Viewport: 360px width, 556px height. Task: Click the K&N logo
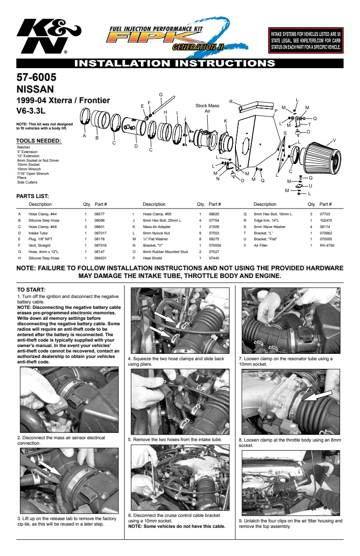(x=49, y=36)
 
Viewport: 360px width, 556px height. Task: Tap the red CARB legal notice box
(x=305, y=40)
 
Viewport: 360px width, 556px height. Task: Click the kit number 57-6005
(x=36, y=77)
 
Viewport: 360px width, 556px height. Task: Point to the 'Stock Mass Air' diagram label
(x=207, y=108)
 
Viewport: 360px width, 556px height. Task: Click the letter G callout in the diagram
(x=161, y=94)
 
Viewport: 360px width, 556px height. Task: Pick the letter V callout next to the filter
(x=334, y=140)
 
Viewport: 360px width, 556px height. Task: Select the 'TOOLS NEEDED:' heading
(x=39, y=141)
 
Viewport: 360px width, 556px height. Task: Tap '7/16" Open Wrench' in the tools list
(x=33, y=174)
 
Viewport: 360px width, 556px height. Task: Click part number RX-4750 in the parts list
(x=327, y=245)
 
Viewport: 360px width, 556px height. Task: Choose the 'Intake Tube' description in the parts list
(x=38, y=233)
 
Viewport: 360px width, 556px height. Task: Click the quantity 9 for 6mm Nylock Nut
(x=200, y=233)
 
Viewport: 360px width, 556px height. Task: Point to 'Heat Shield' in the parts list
(x=152, y=258)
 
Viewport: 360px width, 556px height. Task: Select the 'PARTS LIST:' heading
(x=33, y=196)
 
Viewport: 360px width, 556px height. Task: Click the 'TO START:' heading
(x=31, y=290)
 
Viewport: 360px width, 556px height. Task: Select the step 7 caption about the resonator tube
(x=286, y=362)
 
